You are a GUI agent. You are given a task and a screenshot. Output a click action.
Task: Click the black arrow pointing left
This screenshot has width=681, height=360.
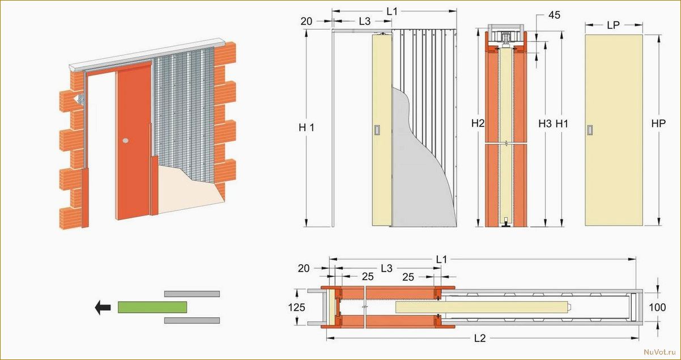pyautogui.click(x=103, y=307)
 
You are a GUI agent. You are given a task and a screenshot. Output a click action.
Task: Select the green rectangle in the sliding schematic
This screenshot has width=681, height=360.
pyautogui.click(x=152, y=307)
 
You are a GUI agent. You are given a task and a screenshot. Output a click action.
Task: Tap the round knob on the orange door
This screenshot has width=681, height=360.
pyautogui.click(x=126, y=141)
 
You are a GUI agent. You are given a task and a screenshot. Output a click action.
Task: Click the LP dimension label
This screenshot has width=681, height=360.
pyautogui.click(x=613, y=26)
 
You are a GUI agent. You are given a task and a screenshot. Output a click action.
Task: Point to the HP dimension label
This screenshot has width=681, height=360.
pyautogui.click(x=658, y=124)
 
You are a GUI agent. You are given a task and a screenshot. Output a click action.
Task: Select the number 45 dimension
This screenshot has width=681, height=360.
pyautogui.click(x=554, y=15)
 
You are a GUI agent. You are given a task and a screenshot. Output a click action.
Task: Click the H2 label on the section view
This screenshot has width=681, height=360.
pyautogui.click(x=478, y=124)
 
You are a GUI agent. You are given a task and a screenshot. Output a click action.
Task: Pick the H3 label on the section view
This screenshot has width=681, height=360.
pyautogui.click(x=545, y=124)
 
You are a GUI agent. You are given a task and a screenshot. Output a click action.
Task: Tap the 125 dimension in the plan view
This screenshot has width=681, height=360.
pyautogui.click(x=296, y=307)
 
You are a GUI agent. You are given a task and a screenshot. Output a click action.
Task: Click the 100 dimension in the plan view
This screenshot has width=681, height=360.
pyautogui.click(x=657, y=307)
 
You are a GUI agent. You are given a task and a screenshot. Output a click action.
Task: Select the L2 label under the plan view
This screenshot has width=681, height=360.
pyautogui.click(x=480, y=338)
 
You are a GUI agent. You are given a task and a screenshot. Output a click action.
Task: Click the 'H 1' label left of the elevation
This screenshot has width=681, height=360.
pyautogui.click(x=307, y=128)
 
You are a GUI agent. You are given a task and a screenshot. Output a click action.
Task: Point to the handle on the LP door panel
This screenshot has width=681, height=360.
pyautogui.click(x=589, y=130)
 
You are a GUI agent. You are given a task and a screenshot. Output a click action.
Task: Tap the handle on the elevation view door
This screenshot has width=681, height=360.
pyautogui.click(x=377, y=130)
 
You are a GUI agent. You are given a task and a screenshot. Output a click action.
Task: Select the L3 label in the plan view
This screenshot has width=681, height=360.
pyautogui.click(x=386, y=268)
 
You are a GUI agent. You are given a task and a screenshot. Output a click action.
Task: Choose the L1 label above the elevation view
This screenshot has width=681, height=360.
pyautogui.click(x=392, y=11)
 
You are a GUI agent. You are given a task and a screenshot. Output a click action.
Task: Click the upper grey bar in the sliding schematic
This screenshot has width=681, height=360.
pyautogui.click(x=192, y=294)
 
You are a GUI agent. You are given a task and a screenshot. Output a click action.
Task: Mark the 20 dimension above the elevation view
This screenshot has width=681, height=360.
pyautogui.click(x=307, y=22)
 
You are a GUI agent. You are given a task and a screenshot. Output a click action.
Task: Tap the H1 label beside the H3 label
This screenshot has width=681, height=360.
pyautogui.click(x=562, y=124)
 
